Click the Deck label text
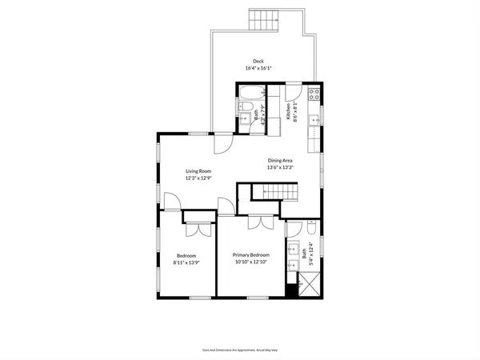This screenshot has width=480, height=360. click(x=258, y=61)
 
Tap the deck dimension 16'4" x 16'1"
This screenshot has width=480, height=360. click(x=258, y=69)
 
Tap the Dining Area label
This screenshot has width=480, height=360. click(x=280, y=160)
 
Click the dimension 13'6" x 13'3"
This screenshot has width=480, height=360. click(x=280, y=168)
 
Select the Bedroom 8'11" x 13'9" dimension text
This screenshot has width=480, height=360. click(x=186, y=262)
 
